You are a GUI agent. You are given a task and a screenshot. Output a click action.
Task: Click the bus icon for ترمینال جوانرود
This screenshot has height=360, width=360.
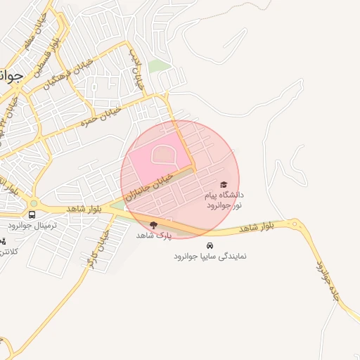coord(32,214)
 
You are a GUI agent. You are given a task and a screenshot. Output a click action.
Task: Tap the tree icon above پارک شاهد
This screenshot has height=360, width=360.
coord(153,225)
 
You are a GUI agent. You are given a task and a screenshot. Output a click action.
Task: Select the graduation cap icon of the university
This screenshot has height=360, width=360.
coord(224,184)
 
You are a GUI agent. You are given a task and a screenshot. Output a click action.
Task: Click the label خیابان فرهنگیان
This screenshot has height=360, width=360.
coord(60,72)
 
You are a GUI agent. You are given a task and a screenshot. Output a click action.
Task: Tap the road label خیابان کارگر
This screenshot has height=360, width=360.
coord(96,250)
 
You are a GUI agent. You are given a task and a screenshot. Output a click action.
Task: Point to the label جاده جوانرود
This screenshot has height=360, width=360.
coord(330,281)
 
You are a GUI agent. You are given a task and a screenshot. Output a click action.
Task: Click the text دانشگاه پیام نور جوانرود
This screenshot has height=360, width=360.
coord(224,198)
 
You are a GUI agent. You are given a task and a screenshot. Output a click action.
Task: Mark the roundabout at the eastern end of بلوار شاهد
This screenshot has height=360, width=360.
coord(294,224)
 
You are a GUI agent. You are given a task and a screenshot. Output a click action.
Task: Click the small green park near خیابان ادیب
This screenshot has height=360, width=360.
coord(160,66)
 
